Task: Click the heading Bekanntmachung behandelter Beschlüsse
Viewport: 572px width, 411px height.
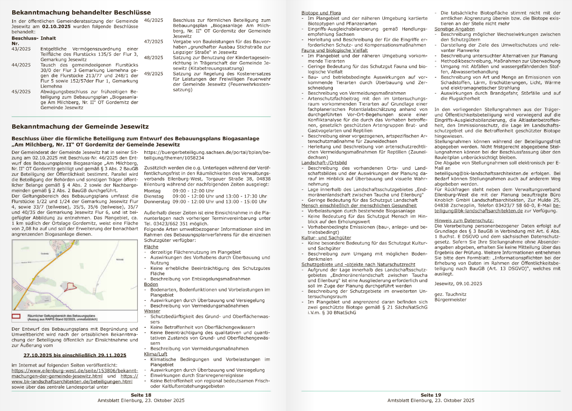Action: pyautogui.click(x=81, y=13)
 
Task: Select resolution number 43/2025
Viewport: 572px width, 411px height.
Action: pyautogui.click(x=21, y=49)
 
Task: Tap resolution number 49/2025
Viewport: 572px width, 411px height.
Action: pyautogui.click(x=154, y=74)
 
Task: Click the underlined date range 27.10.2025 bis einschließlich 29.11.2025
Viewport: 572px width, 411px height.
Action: pyautogui.click(x=75, y=355)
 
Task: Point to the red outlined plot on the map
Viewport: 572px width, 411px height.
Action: pyautogui.click(x=70, y=287)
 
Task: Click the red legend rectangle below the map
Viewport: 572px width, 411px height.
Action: pyautogui.click(x=16, y=316)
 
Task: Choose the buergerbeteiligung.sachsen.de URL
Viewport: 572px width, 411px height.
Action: pyautogui.click(x=207, y=155)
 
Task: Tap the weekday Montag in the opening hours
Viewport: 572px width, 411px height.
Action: pyautogui.click(x=152, y=191)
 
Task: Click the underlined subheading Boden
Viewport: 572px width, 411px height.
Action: pyautogui.click(x=151, y=284)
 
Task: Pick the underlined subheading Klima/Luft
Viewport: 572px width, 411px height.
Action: pyautogui.click(x=155, y=354)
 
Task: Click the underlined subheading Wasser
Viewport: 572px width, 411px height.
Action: pyautogui.click(x=152, y=311)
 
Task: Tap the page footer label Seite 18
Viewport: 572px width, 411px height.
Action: pyautogui.click(x=141, y=395)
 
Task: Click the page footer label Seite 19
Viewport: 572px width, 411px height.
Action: pyautogui.click(x=431, y=395)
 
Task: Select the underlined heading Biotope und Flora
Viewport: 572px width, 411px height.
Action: pyautogui.click(x=321, y=13)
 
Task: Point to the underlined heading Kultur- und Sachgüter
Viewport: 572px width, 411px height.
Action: pyautogui.click(x=326, y=238)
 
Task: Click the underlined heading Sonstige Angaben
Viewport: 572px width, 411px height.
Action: pyautogui.click(x=454, y=29)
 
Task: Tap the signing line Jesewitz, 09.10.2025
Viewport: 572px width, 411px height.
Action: pyautogui.click(x=458, y=284)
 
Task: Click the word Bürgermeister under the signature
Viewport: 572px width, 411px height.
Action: pyautogui.click(x=451, y=300)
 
